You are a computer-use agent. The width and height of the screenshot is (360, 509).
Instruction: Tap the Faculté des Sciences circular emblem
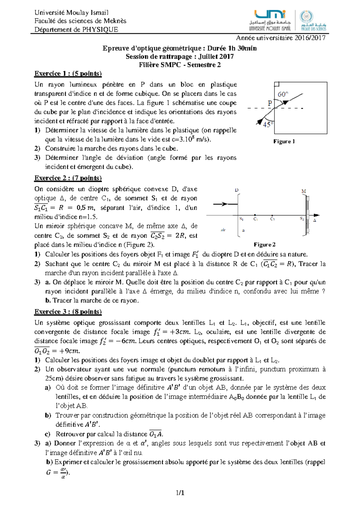coord(306,17)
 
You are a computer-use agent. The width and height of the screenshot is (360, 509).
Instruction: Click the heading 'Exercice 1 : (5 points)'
coord(68,74)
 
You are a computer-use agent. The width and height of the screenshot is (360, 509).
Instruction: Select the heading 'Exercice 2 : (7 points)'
coord(68,178)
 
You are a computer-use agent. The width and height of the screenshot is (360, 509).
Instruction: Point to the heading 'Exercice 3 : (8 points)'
coord(68,312)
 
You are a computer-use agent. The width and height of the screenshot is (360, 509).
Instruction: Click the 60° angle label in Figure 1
coord(283,94)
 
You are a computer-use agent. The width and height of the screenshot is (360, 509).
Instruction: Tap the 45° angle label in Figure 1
coord(268,124)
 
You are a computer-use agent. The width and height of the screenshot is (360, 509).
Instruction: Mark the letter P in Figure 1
coord(270,103)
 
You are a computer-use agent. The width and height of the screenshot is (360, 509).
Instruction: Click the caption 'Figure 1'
coord(284,141)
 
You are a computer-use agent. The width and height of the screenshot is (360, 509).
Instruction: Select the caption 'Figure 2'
coord(264,245)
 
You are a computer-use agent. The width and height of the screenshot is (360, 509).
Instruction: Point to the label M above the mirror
coord(304,191)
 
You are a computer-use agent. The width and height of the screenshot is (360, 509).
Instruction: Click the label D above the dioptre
coord(236,190)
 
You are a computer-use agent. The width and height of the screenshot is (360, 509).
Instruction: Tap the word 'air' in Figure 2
coord(223,230)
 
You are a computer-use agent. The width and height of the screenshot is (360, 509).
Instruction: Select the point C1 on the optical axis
coord(255,215)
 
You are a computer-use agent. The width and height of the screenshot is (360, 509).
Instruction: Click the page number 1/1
coord(180,492)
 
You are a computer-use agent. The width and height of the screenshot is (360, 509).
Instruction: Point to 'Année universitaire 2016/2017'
coord(280,38)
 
